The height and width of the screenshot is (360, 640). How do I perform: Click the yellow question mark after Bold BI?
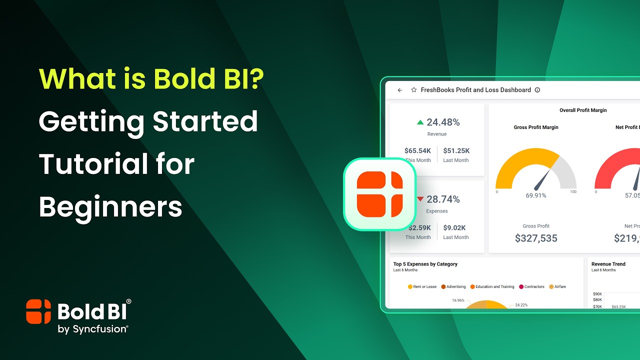(256, 78)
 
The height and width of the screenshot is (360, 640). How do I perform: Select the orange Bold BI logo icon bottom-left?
(38, 311)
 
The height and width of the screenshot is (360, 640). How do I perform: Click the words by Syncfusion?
(93, 329)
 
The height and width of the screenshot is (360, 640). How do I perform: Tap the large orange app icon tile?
(380, 194)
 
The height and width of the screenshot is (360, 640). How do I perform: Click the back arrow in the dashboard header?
(400, 90)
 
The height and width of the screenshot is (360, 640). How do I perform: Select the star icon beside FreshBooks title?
(413, 90)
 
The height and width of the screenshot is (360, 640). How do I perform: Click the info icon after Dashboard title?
(537, 90)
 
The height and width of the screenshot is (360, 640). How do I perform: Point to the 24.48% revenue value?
(443, 122)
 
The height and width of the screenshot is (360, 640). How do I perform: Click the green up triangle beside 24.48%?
(420, 122)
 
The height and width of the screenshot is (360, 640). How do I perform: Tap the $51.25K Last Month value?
(456, 151)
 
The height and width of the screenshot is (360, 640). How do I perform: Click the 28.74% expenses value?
(443, 199)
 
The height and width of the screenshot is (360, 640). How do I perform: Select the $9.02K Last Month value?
(455, 228)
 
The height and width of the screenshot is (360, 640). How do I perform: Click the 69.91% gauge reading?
(536, 195)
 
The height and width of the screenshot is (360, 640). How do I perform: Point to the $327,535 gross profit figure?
(536, 238)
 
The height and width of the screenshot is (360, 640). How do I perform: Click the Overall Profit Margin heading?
(583, 110)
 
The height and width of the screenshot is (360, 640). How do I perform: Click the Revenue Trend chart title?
(608, 264)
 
